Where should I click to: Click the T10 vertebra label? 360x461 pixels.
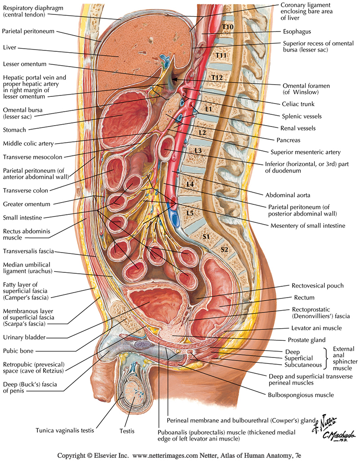coord(227,27)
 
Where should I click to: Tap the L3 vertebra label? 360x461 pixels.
coord(198,149)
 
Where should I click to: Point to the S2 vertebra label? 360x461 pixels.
coord(224,249)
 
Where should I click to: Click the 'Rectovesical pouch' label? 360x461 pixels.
coord(317,285)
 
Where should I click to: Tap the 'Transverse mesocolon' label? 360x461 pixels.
coord(32,157)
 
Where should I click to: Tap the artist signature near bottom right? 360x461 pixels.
coord(333,428)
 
